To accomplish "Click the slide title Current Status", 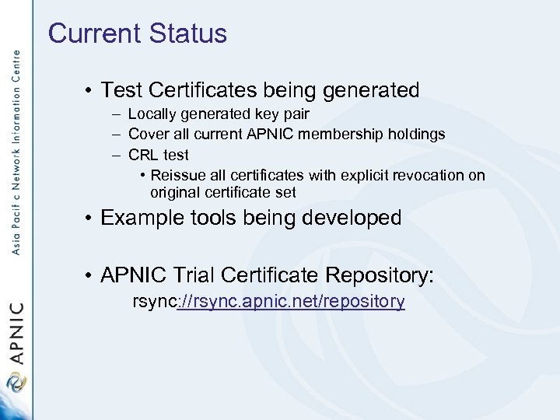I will point(137,33).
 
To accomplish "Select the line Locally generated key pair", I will point(218,114).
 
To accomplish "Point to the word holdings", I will point(418,135).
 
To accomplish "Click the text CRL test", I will point(158,155).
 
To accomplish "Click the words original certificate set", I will point(222,192).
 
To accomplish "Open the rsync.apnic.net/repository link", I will point(289,302).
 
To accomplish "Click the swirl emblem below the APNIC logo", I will point(16,383).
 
